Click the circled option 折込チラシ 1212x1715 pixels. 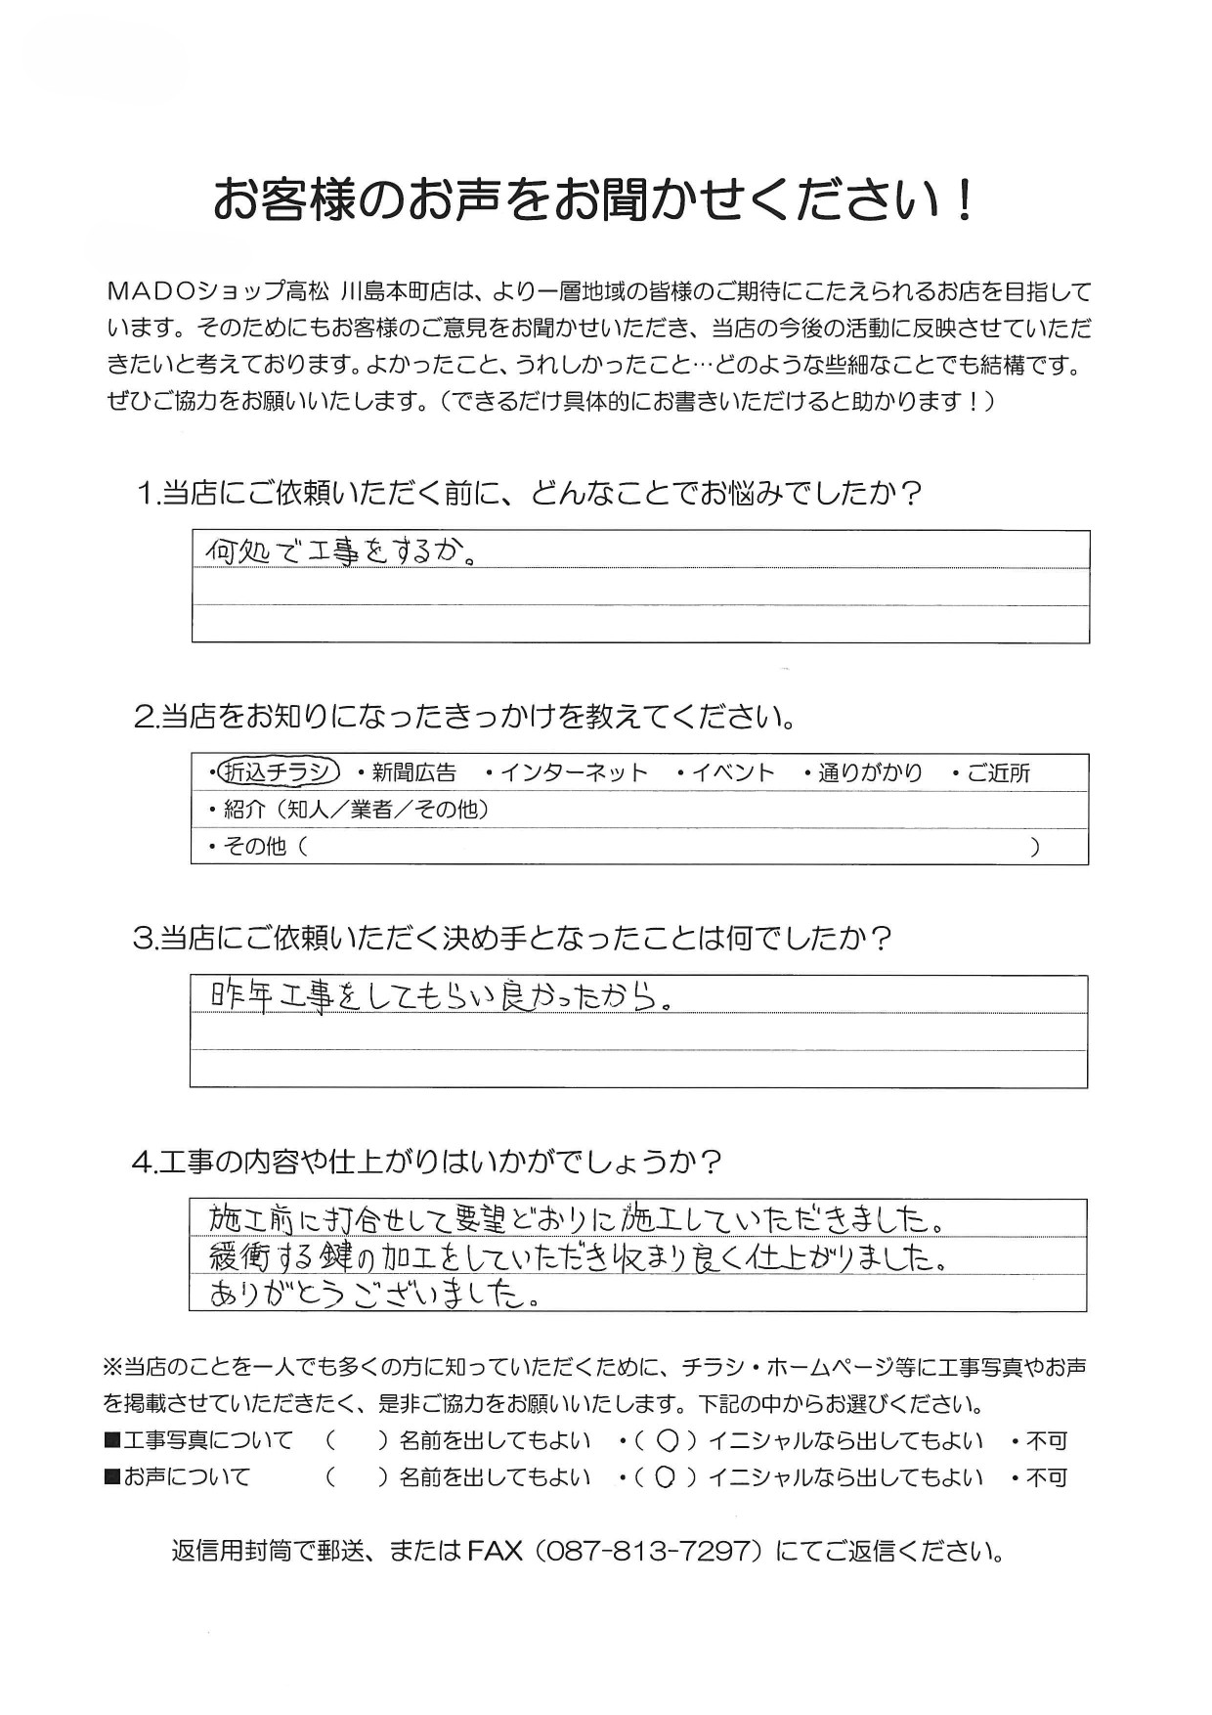[x=279, y=772]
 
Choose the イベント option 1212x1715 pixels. [x=733, y=773]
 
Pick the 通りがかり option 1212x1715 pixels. [x=870, y=773]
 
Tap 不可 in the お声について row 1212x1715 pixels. [x=1046, y=1477]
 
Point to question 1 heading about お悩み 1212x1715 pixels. [x=529, y=493]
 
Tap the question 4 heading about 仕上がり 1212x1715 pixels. [x=427, y=1162]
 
